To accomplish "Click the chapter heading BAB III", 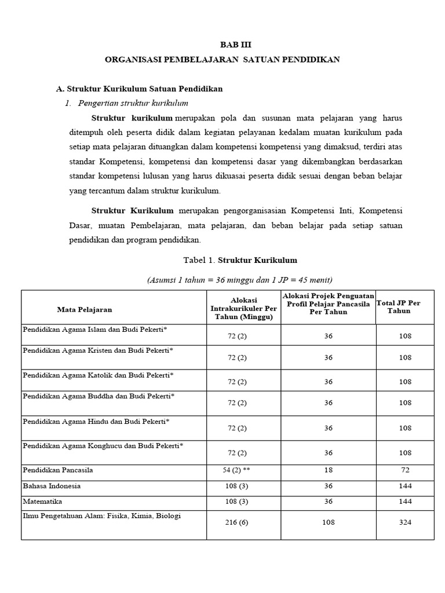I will pos(236,45).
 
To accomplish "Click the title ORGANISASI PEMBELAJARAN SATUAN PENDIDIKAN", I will pos(222,60).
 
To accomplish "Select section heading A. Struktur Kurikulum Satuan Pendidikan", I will pos(139,89).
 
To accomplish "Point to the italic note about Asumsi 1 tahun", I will pos(240,280).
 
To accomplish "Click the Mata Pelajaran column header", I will pos(85,309).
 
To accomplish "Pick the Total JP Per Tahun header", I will pos(398,306).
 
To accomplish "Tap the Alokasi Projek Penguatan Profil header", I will pos(328,303).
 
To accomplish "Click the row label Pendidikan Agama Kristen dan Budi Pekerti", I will pos(98,350).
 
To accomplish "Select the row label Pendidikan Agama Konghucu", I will pos(103,445).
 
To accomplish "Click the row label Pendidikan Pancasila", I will pos(58,470).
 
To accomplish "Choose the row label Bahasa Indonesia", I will pos(52,486).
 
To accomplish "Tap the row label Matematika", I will pos(42,502).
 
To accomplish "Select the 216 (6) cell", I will pos(236,522).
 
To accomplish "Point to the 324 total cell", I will pos(405,522).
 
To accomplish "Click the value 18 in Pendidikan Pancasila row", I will pos(328,470).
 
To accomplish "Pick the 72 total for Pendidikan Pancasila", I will pos(405,470).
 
